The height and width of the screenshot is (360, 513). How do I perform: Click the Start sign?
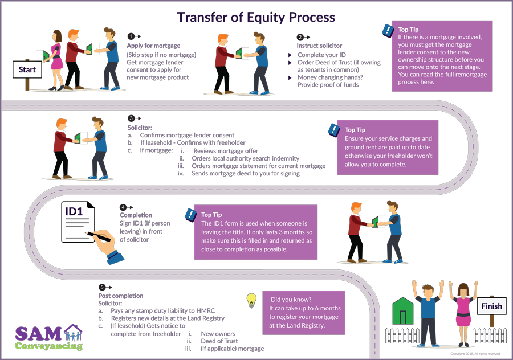click(27, 70)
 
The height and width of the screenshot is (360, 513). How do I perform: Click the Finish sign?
click(491, 306)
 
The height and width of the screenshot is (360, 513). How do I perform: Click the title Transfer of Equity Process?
click(256, 17)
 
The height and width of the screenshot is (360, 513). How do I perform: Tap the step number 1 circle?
click(131, 36)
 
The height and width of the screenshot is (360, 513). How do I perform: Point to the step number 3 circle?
click(131, 118)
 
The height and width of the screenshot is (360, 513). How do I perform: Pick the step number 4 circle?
click(123, 207)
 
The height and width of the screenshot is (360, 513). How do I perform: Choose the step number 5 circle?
click(102, 287)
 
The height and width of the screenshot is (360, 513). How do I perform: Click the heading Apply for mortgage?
click(153, 46)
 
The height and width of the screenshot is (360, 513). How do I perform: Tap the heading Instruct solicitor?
click(319, 46)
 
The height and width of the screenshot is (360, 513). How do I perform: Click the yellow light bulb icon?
click(250, 300)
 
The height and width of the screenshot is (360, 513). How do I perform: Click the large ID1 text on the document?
click(75, 212)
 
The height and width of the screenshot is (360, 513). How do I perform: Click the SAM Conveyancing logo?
click(49, 337)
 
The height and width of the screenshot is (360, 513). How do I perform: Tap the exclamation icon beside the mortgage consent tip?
click(388, 30)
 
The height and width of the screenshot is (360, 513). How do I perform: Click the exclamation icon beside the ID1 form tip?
click(191, 215)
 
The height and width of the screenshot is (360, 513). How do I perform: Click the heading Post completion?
click(121, 296)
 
